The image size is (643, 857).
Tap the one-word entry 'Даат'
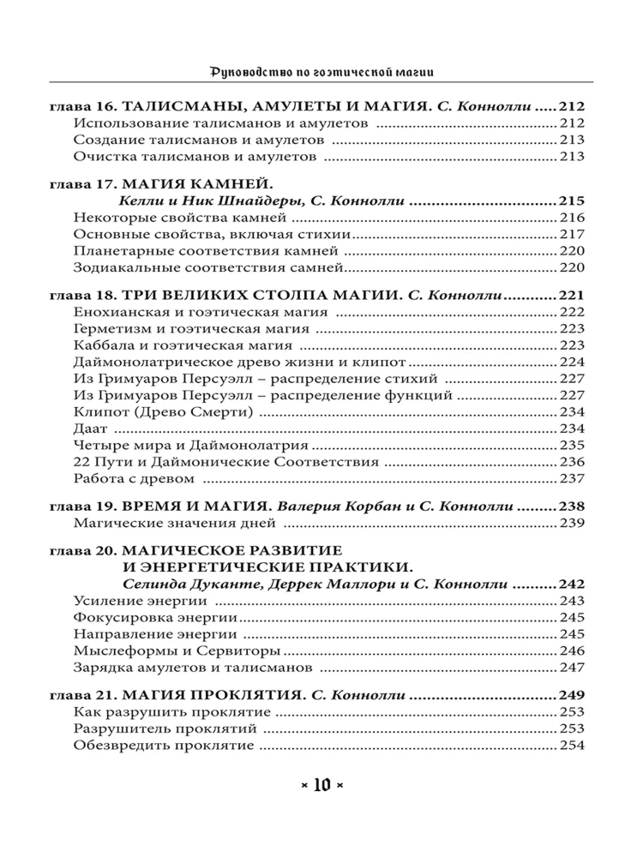tap(89, 428)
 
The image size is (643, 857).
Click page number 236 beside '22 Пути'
tap(571, 461)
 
